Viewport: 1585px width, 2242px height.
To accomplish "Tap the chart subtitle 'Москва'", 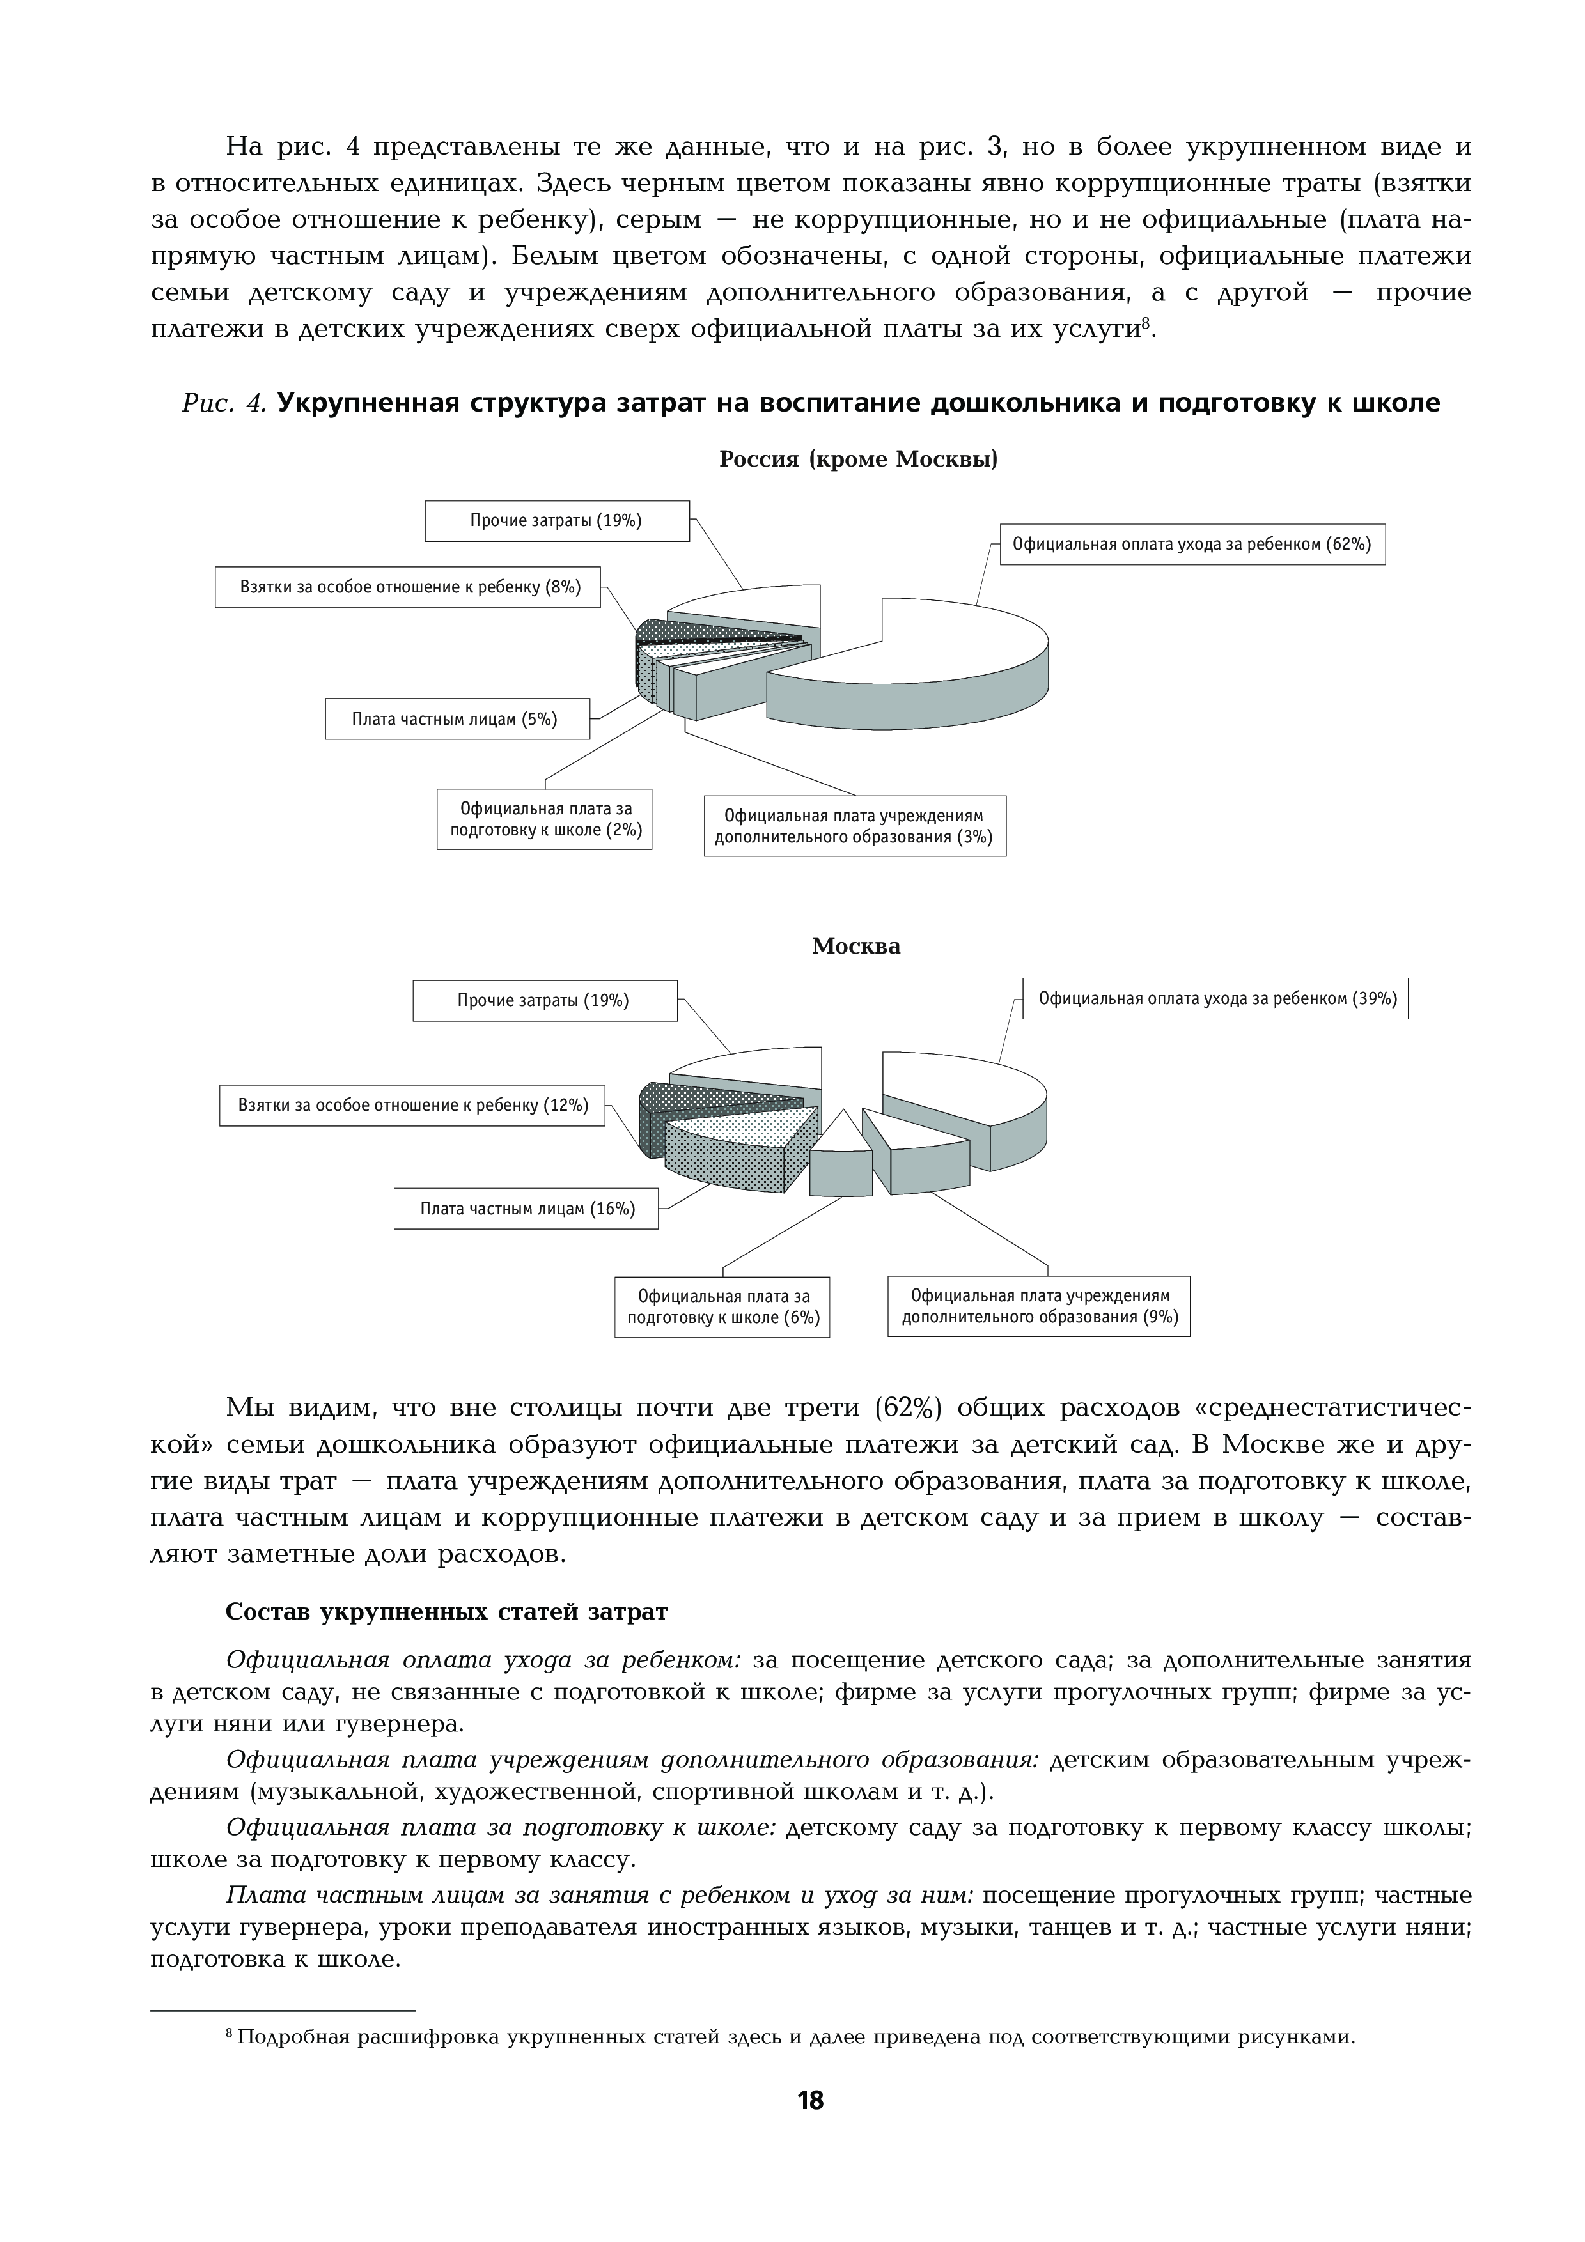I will (x=855, y=947).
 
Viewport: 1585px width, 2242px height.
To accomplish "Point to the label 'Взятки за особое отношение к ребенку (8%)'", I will (x=408, y=587).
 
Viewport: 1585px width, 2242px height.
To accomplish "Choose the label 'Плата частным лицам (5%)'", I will (x=456, y=719).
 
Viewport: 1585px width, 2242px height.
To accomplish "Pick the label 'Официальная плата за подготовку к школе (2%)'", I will (x=545, y=820).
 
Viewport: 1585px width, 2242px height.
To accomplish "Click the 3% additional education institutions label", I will (x=854, y=826).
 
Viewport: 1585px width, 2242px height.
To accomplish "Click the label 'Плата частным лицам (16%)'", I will (x=526, y=1209).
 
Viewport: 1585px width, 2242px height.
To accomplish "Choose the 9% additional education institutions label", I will (x=1039, y=1306).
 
